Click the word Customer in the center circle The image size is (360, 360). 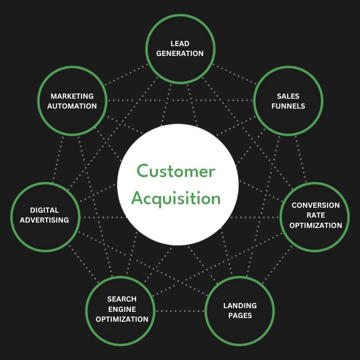coord(176,171)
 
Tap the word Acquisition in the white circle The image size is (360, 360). coord(176,198)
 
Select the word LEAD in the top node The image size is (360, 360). coord(180,44)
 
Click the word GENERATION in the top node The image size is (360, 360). coord(180,53)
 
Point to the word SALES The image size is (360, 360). coord(288,96)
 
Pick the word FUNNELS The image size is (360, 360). coord(288,106)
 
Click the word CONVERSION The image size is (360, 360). coord(316,205)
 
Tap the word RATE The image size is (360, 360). coord(316,215)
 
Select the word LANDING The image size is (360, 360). coord(240,306)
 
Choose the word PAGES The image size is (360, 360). coord(240,316)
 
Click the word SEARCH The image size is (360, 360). coord(122,299)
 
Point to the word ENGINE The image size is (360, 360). coord(122,309)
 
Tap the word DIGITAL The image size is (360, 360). coord(44,210)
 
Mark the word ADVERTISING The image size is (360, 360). coord(44,220)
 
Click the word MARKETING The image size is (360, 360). coord(72,96)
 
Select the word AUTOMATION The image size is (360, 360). coord(72,106)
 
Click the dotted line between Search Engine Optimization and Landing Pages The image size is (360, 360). coord(180,311)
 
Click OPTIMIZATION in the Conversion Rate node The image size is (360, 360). coord(316,225)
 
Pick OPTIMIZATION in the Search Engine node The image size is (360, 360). coord(122,319)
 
